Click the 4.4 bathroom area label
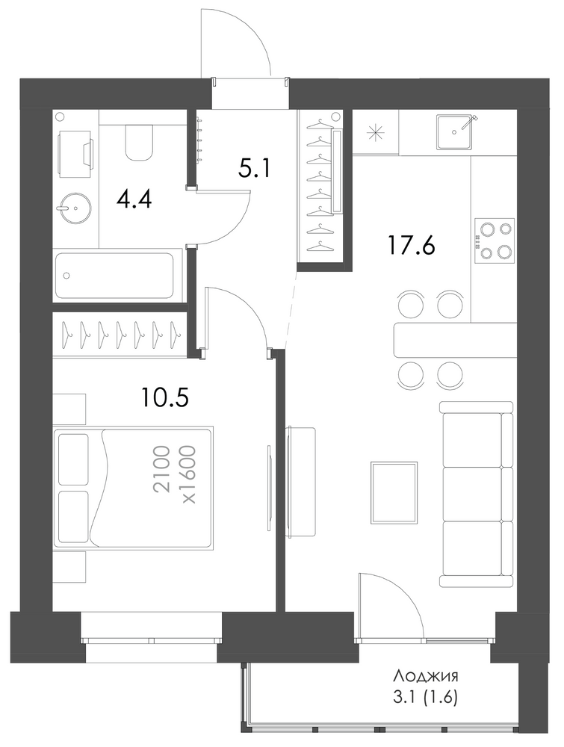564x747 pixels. coord(134,199)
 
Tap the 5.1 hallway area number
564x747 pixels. coord(255,168)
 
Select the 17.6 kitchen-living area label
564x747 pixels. coord(412,246)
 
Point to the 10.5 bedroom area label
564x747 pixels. coord(165,397)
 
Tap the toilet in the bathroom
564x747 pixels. coord(140,142)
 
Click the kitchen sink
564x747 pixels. coord(456,131)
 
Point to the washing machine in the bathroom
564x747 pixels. coord(75,153)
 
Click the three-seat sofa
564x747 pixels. coord(477,494)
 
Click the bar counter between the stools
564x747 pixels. coord(455,341)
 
